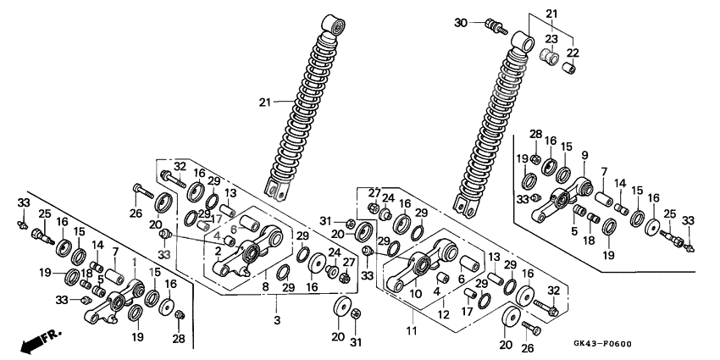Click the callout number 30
(x=462, y=22)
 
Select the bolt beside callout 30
(x=496, y=26)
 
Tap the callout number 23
(x=551, y=39)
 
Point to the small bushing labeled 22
(x=569, y=68)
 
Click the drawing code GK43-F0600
(x=602, y=344)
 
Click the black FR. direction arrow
(x=33, y=341)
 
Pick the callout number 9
(x=584, y=156)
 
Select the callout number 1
(x=135, y=261)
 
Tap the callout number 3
(x=277, y=320)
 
